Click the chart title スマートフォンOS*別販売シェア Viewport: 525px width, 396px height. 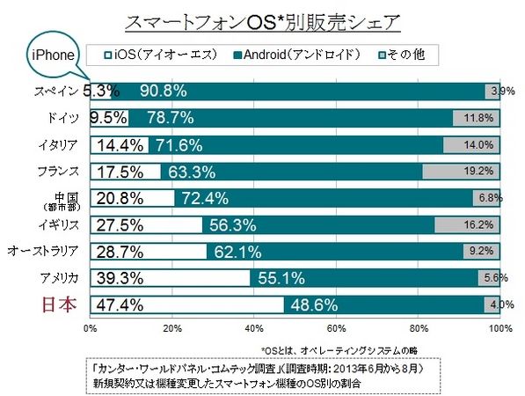point(262,23)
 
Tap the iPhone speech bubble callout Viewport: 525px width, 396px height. point(53,55)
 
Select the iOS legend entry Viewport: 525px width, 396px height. point(160,55)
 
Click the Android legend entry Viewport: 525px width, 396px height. point(296,55)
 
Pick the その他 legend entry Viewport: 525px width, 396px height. point(402,55)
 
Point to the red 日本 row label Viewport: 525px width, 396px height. point(59,304)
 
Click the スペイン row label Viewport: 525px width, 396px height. point(56,92)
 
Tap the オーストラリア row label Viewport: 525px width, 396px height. point(43,251)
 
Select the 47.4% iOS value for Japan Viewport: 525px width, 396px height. point(120,305)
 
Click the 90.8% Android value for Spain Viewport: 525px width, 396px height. point(164,91)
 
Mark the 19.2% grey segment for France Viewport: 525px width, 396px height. point(461,172)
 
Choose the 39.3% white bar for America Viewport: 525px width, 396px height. point(170,278)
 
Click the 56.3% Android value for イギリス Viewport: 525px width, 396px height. point(233,224)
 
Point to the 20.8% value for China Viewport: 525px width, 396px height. point(120,198)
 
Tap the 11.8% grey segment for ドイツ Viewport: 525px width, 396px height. point(476,118)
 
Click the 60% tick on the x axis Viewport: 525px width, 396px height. point(336,328)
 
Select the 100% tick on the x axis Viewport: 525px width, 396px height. point(500,328)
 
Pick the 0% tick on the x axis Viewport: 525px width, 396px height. point(90,328)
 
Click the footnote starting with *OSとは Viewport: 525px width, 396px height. point(339,351)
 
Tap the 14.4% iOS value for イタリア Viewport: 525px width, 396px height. point(120,145)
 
